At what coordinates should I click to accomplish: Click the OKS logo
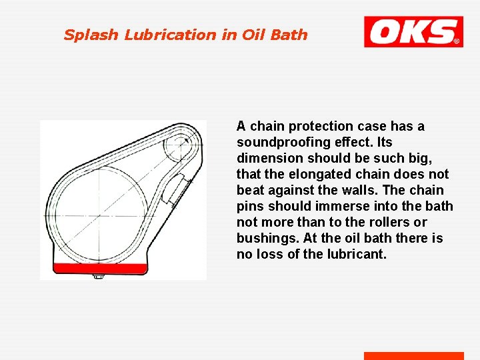coord(413,31)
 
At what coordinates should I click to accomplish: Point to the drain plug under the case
coord(98,276)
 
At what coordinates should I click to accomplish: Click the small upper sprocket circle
coord(178,141)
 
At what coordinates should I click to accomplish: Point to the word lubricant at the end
coord(358,254)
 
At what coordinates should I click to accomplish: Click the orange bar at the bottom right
coord(413,356)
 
